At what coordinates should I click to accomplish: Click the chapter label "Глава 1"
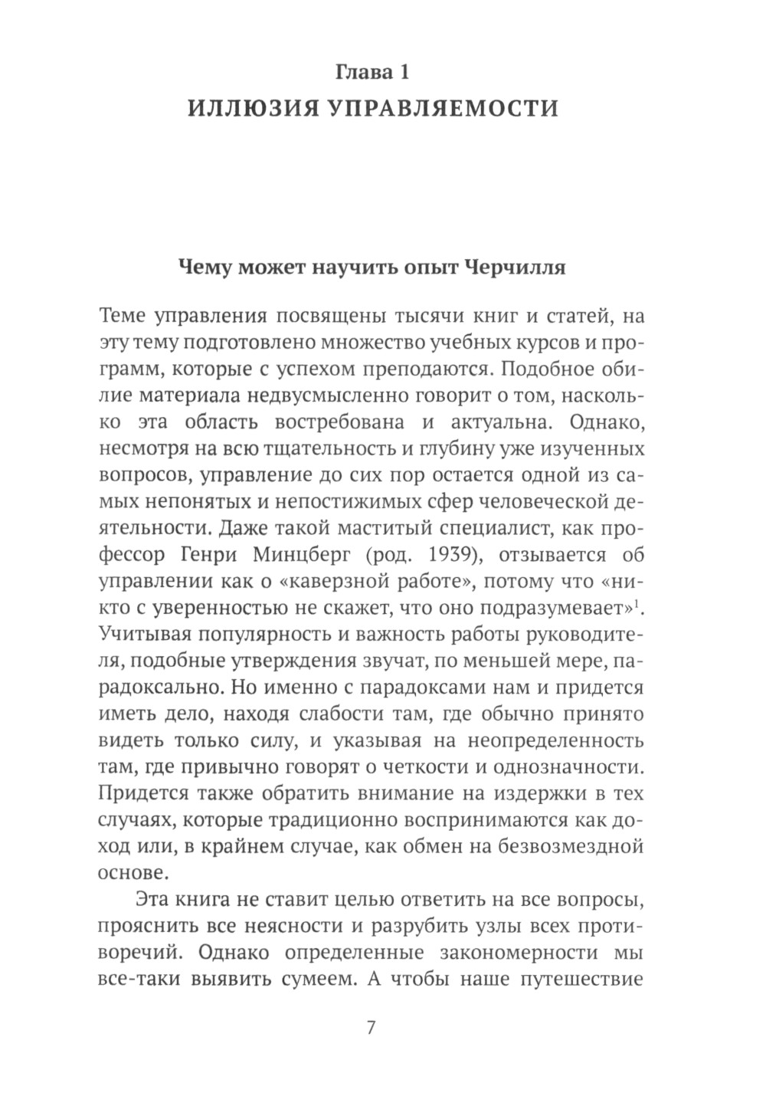[372, 73]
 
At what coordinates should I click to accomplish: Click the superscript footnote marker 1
[637, 604]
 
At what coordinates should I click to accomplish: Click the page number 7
[372, 1029]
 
